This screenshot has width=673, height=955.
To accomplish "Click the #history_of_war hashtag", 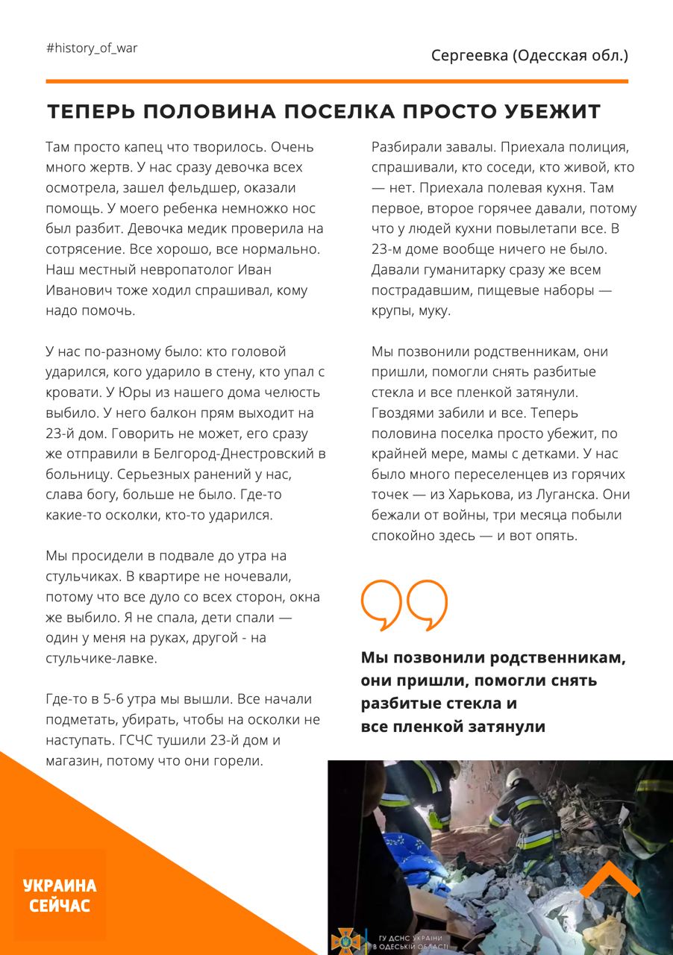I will (x=92, y=48).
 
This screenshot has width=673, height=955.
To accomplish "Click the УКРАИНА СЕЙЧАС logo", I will (x=60, y=895).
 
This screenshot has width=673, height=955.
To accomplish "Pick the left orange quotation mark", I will (x=381, y=604).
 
